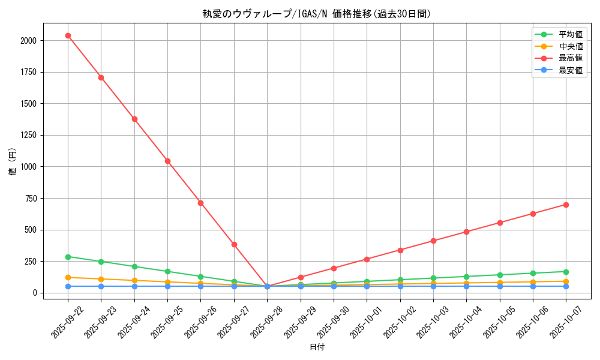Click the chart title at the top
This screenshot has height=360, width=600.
(316, 14)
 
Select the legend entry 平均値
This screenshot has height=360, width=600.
(571, 34)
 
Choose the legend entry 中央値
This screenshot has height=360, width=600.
(571, 46)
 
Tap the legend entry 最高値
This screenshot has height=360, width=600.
(571, 58)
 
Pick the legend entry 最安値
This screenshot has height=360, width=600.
(571, 70)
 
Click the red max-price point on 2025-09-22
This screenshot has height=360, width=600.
(68, 35)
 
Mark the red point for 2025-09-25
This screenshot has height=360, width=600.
(167, 161)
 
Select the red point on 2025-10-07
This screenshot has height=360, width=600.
(566, 205)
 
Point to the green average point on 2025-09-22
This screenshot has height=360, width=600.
(68, 257)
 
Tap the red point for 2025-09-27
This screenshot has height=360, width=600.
(234, 244)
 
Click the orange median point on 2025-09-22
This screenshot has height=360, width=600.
(68, 277)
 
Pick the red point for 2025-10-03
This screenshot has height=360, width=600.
(433, 241)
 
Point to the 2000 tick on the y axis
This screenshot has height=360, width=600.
(28, 40)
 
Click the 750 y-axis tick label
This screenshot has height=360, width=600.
(30, 198)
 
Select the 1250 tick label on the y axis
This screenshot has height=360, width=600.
(28, 135)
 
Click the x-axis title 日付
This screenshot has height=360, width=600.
(316, 347)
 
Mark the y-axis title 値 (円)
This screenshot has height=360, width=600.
(13, 161)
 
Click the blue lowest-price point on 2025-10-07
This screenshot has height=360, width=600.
(566, 286)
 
